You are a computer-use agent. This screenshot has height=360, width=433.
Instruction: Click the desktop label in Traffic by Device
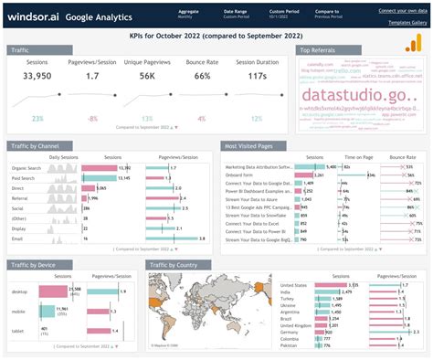coord(20,291)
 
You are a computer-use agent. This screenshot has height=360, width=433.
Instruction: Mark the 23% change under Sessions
coord(37,118)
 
